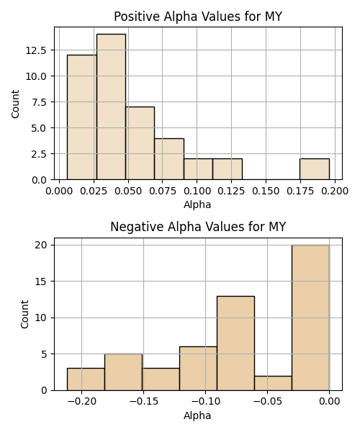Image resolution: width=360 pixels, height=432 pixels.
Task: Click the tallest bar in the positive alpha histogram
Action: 112,107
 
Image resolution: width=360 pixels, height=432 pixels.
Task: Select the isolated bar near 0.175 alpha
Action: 315,169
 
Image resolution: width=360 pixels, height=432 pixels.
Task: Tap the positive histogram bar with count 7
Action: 140,143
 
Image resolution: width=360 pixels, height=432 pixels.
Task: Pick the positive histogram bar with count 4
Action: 169,159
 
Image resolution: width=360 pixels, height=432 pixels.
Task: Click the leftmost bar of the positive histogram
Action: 82,117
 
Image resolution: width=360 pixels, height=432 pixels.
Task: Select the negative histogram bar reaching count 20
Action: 311,318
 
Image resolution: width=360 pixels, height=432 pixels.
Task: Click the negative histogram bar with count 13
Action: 235,343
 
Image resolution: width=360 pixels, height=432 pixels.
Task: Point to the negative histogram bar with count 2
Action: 273,383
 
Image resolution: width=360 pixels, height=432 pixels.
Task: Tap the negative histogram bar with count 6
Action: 198,369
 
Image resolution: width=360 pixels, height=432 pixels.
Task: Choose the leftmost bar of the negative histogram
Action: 86,379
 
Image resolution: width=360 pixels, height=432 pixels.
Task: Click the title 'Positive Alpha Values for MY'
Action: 198,17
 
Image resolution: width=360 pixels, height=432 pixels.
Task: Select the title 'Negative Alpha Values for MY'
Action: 198,227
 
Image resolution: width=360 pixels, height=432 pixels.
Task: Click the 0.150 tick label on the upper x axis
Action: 266,191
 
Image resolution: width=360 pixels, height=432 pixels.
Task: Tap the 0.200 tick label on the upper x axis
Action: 335,191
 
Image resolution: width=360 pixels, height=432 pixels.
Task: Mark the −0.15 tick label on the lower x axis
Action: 143,402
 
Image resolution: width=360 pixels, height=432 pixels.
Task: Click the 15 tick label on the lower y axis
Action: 40,282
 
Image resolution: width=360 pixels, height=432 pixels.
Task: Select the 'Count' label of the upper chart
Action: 15,104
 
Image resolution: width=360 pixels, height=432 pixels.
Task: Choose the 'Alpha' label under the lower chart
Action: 197,415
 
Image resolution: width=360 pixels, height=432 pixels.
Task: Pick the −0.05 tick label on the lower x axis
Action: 267,402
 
